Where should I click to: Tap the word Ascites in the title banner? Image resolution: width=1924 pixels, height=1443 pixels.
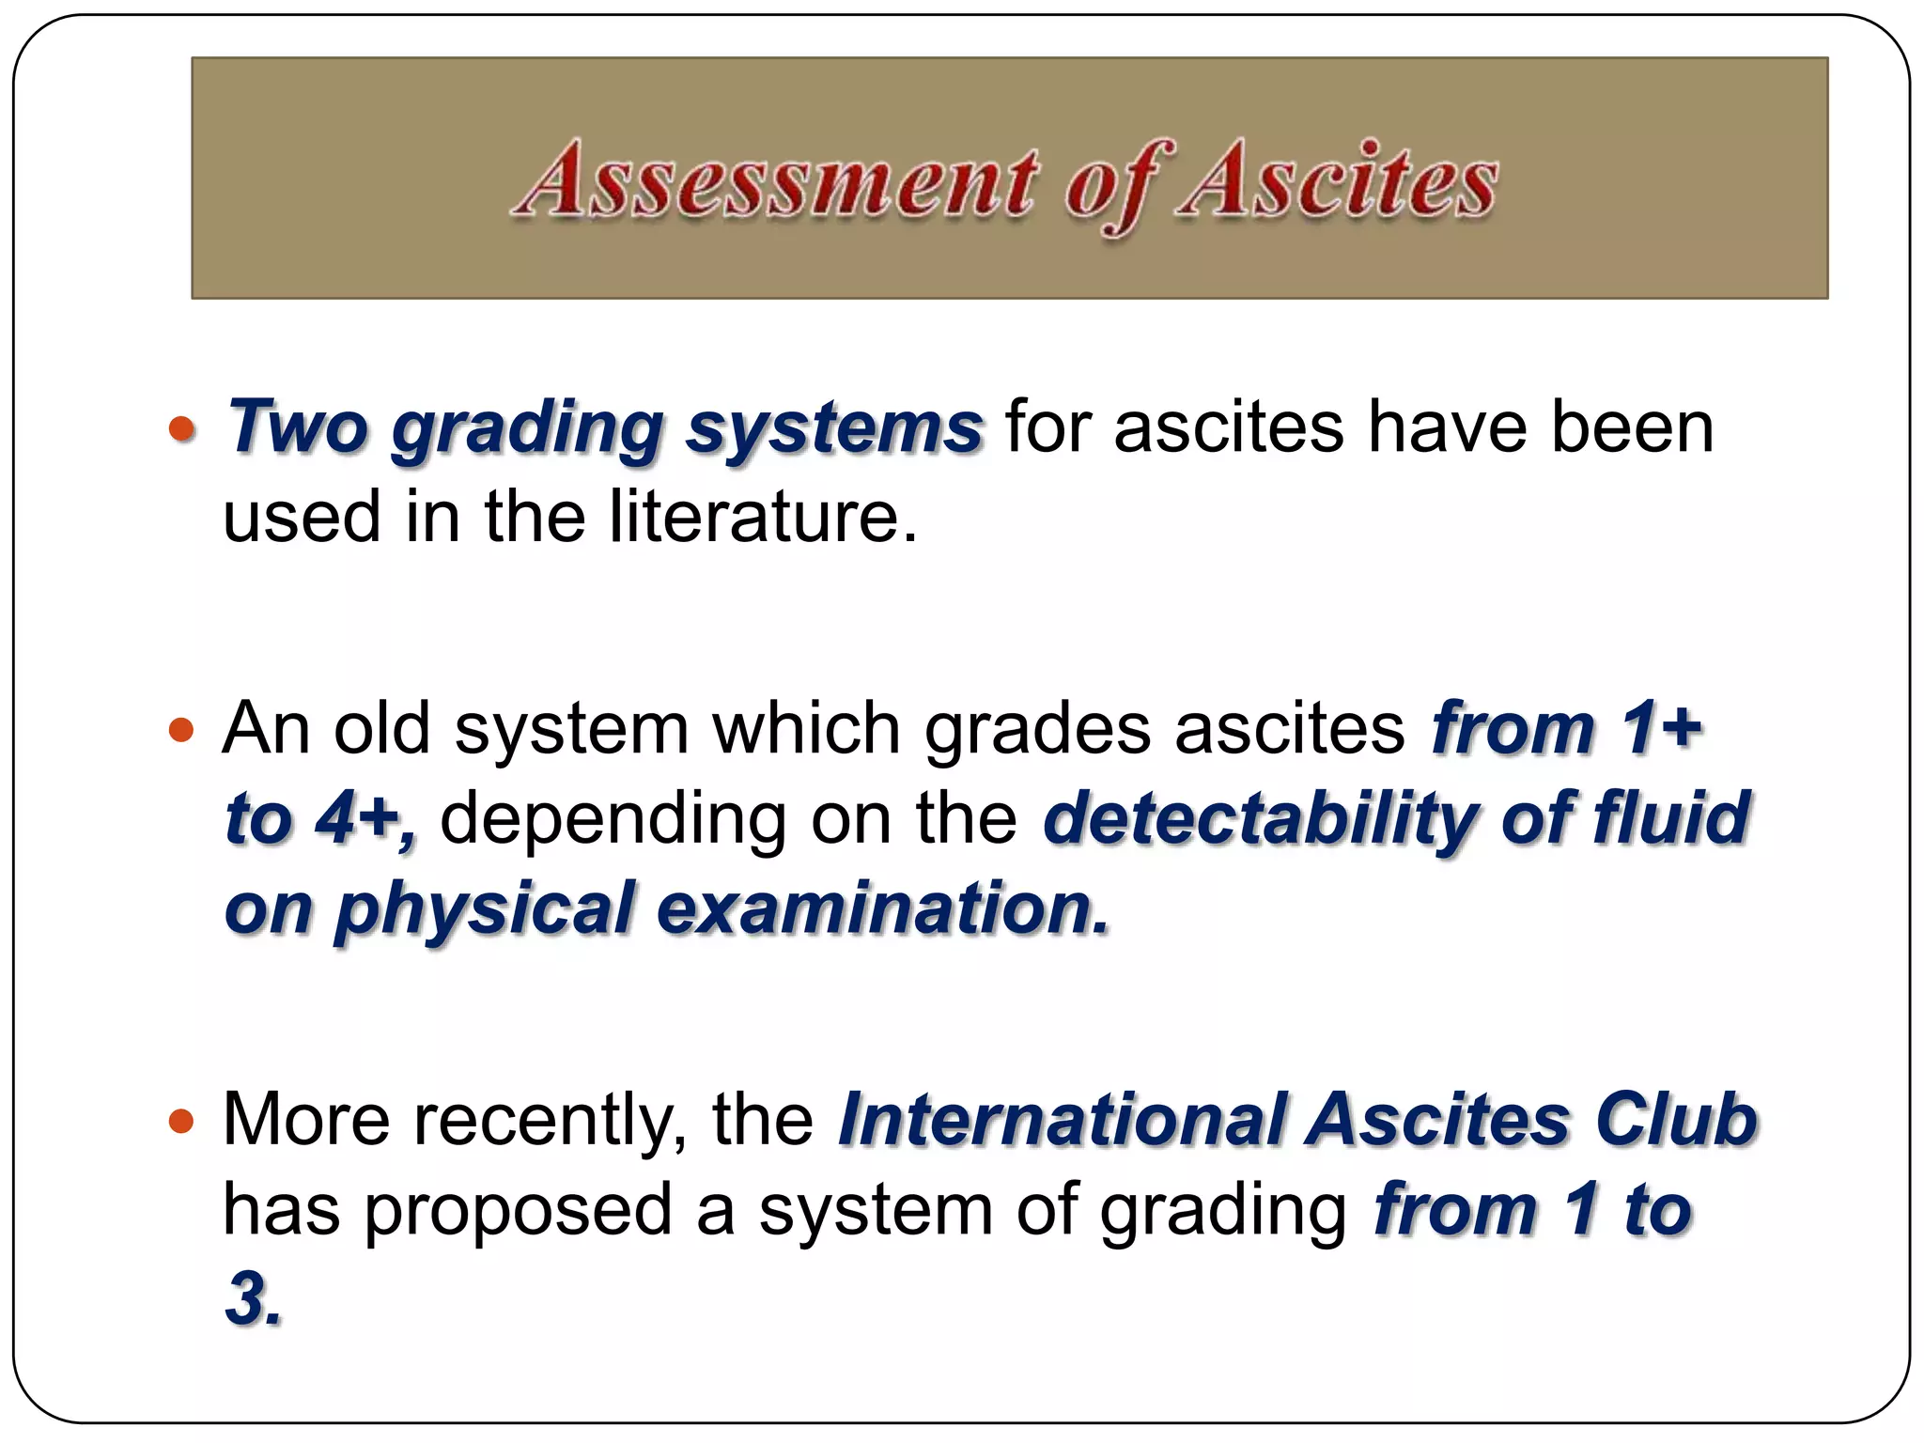pyautogui.click(x=1339, y=179)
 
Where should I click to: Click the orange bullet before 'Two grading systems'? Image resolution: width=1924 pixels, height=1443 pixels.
pyautogui.click(x=181, y=429)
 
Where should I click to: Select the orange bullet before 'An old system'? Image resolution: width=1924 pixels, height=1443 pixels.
pyautogui.click(x=181, y=729)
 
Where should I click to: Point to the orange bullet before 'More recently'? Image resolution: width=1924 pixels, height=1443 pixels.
pyautogui.click(x=181, y=1120)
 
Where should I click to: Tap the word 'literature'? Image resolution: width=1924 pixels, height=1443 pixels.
pyautogui.click(x=762, y=518)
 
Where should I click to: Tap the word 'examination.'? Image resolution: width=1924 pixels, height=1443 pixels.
pyautogui.click(x=883, y=908)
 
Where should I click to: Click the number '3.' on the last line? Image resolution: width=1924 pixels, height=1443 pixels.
pyautogui.click(x=253, y=1299)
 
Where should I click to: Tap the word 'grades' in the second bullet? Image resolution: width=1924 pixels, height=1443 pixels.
pyautogui.click(x=1037, y=729)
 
